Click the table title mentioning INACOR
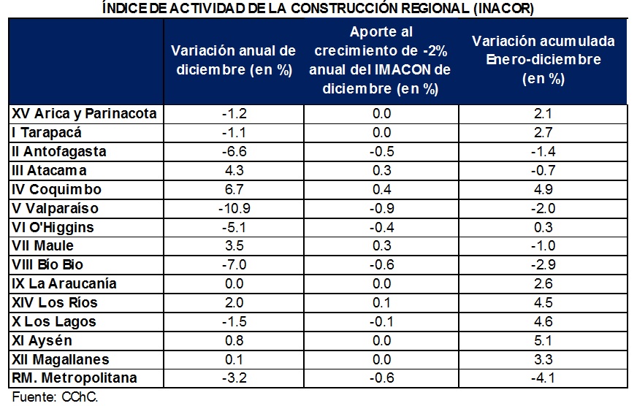point(318,8)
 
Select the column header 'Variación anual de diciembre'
point(234,60)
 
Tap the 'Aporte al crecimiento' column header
point(381,60)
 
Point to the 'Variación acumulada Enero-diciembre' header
point(543,60)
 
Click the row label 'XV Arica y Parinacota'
point(84,114)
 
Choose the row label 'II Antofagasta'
point(59,151)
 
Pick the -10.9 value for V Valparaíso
point(234,209)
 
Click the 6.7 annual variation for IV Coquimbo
point(234,190)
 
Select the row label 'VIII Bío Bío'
point(47,265)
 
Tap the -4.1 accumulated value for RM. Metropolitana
point(543,378)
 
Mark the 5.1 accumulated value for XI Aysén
point(543,340)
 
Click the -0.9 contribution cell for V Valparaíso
point(381,209)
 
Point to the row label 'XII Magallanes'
point(61,359)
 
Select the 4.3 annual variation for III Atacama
point(234,171)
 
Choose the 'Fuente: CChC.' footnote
point(55,397)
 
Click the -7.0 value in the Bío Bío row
point(234,265)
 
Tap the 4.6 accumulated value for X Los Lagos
point(543,321)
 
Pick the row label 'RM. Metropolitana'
point(75,378)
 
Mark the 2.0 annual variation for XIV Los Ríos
point(234,302)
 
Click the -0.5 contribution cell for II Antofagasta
point(381,151)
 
